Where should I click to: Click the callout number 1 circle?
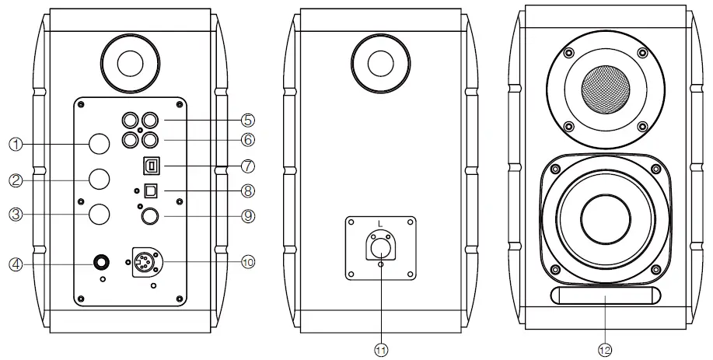pos(15,144)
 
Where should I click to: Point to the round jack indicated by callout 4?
pos(101,262)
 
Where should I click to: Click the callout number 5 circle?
pos(248,121)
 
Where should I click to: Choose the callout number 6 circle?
pos(248,141)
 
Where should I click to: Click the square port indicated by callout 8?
pos(151,189)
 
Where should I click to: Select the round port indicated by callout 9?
pos(151,216)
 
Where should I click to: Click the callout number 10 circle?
pos(248,262)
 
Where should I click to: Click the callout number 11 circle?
pos(381,350)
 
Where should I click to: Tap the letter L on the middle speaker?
pos(379,224)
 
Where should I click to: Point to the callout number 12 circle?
pos(606,350)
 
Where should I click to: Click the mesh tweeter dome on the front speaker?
pos(606,89)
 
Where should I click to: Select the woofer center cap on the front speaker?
pos(605,215)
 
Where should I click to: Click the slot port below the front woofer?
pos(606,295)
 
